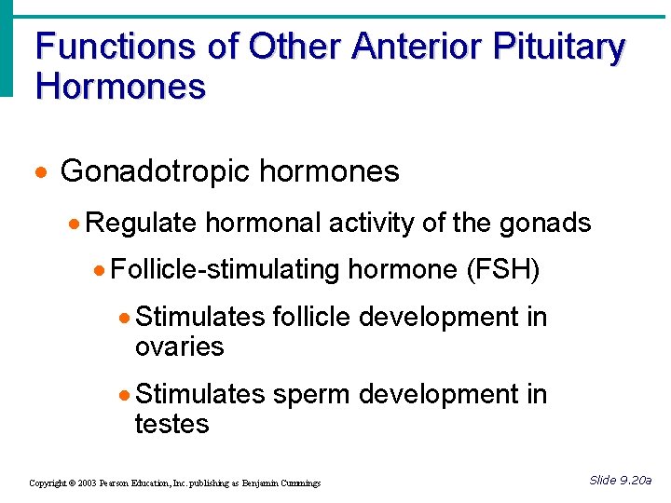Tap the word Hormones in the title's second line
point(120,87)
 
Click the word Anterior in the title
point(418,47)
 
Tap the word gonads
point(545,223)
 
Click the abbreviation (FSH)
point(501,270)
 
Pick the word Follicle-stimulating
point(225,270)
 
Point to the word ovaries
point(180,347)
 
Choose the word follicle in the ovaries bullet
point(312,318)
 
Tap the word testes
point(172,424)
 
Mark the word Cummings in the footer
point(300,483)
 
